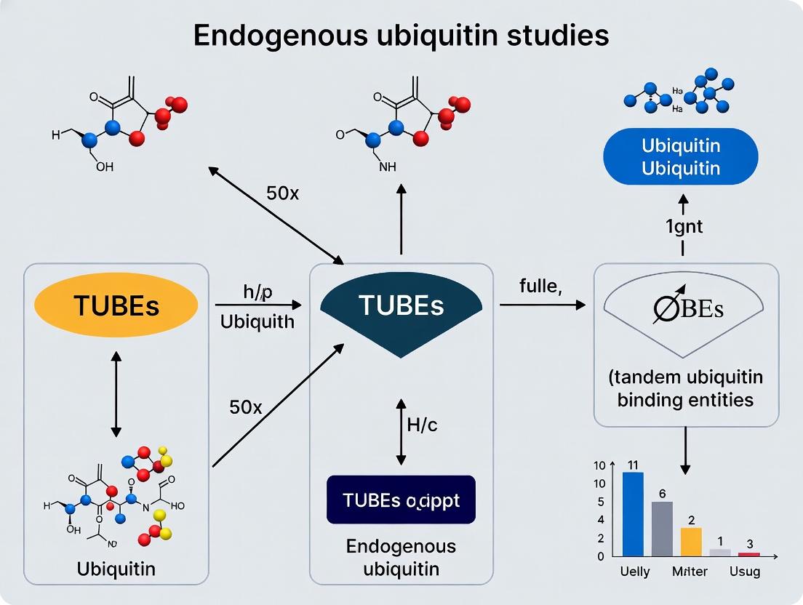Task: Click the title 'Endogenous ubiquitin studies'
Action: click(x=401, y=34)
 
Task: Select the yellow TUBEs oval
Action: click(x=116, y=306)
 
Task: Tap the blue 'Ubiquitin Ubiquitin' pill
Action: click(x=681, y=156)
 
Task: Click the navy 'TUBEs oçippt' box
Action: click(x=401, y=500)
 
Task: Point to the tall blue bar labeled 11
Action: click(x=633, y=513)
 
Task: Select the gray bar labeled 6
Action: click(x=662, y=528)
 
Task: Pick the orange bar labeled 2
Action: click(x=691, y=541)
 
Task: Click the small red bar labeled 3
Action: click(x=749, y=554)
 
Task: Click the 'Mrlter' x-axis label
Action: click(x=689, y=572)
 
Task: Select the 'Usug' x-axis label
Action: click(x=744, y=572)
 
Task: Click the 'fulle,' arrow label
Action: click(x=540, y=287)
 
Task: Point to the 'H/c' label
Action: click(x=422, y=426)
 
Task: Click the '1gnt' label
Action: click(x=684, y=226)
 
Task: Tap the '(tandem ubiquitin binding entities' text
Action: click(x=684, y=388)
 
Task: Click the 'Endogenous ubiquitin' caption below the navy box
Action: click(x=401, y=556)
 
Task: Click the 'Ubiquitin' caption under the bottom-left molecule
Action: click(x=116, y=569)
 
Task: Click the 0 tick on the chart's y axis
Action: click(x=600, y=556)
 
